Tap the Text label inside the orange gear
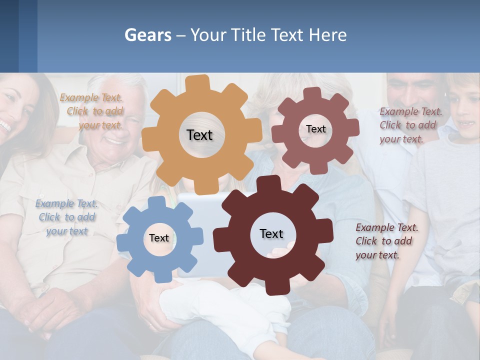[199, 135]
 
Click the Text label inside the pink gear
[315, 129]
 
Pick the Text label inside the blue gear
[159, 238]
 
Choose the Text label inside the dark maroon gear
[271, 233]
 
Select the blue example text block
[67, 217]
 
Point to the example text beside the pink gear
[410, 125]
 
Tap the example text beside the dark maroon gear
[386, 241]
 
